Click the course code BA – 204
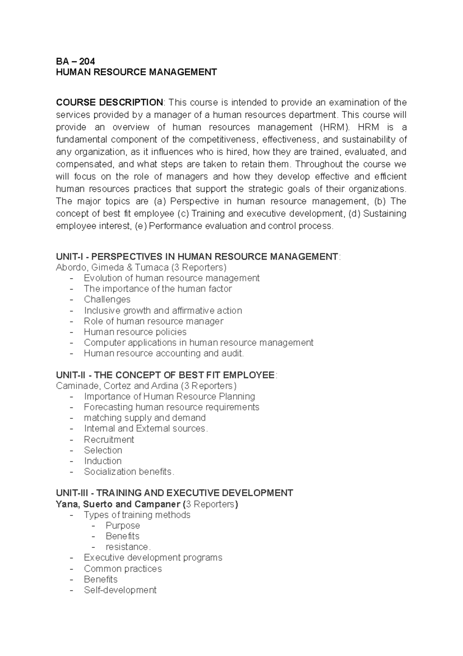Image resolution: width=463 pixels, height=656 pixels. [75, 61]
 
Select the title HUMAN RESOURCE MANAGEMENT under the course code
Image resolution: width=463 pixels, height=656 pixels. [136, 72]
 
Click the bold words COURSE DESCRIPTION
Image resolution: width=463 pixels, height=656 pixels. [110, 102]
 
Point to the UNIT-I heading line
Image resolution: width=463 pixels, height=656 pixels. [198, 257]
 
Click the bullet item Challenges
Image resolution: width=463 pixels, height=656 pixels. [107, 299]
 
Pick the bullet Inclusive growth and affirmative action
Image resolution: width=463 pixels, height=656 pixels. [163, 311]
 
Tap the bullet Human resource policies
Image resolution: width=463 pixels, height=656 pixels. [135, 332]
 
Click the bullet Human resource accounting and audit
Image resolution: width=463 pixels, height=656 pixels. [164, 353]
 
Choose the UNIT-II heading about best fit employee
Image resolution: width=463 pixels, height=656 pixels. [166, 375]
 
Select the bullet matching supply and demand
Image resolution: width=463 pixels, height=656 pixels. [145, 418]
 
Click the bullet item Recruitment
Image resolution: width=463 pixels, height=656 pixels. [109, 440]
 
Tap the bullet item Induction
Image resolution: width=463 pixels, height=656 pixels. [103, 461]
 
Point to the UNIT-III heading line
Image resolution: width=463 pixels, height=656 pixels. [174, 493]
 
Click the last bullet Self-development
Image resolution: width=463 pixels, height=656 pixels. [120, 590]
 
